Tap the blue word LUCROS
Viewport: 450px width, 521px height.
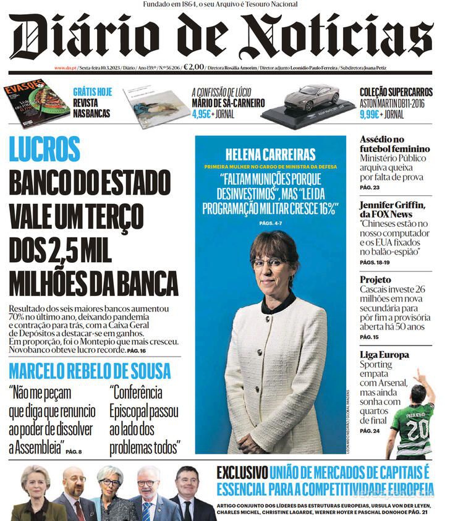(45, 150)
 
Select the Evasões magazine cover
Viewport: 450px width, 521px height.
(36, 101)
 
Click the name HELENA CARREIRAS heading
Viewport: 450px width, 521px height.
(270, 155)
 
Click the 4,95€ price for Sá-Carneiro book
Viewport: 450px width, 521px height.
(202, 114)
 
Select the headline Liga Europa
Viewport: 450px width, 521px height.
(384, 355)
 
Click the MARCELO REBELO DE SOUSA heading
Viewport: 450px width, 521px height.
(90, 371)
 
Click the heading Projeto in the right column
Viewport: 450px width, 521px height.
(376, 280)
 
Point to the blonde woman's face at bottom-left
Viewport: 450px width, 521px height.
(35, 480)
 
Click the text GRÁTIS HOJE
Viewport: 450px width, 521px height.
(93, 91)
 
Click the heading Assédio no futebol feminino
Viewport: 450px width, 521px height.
(394, 144)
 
